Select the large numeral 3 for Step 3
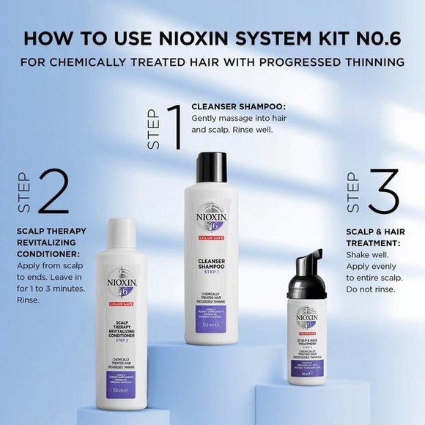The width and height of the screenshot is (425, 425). pos(380,192)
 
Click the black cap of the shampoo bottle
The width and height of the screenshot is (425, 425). pos(213,165)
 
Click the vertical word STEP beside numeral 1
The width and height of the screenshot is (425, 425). pos(154,129)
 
